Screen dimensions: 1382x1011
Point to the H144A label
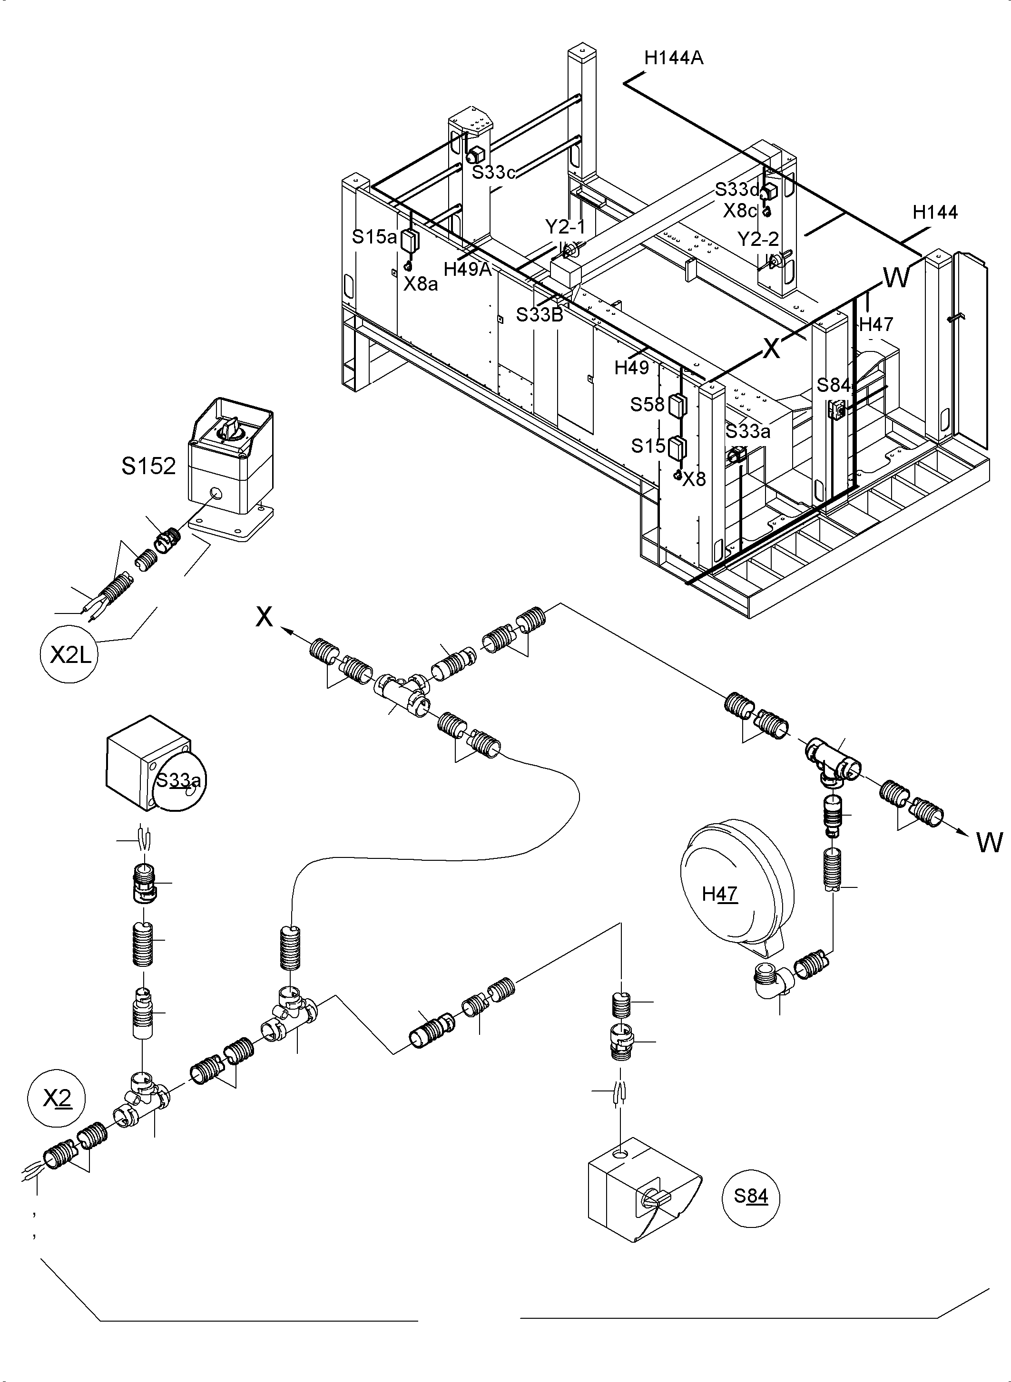673,58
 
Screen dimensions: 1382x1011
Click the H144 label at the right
934,213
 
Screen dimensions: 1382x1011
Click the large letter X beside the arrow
264,617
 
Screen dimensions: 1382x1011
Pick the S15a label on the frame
374,237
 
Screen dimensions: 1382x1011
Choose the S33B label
539,314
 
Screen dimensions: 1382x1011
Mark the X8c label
740,211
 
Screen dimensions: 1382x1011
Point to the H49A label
468,269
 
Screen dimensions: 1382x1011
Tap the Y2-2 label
757,239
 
